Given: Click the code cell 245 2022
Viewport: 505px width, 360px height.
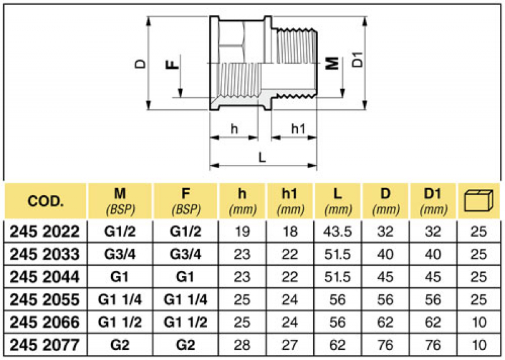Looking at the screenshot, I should (x=45, y=232).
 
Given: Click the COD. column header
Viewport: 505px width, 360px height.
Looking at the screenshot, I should (x=45, y=201).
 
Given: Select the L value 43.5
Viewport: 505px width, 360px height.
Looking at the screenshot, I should (x=338, y=232).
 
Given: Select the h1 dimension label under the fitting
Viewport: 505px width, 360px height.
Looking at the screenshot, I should (x=297, y=129).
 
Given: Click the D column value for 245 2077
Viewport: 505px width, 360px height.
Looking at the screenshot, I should (x=385, y=345).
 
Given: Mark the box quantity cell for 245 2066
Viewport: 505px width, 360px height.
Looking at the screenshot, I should (x=478, y=323).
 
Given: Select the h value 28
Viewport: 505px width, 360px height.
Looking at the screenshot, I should (x=242, y=345).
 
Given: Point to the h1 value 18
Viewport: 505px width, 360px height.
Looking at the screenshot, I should (x=290, y=232).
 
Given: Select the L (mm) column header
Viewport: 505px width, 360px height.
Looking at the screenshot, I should (x=338, y=201).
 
